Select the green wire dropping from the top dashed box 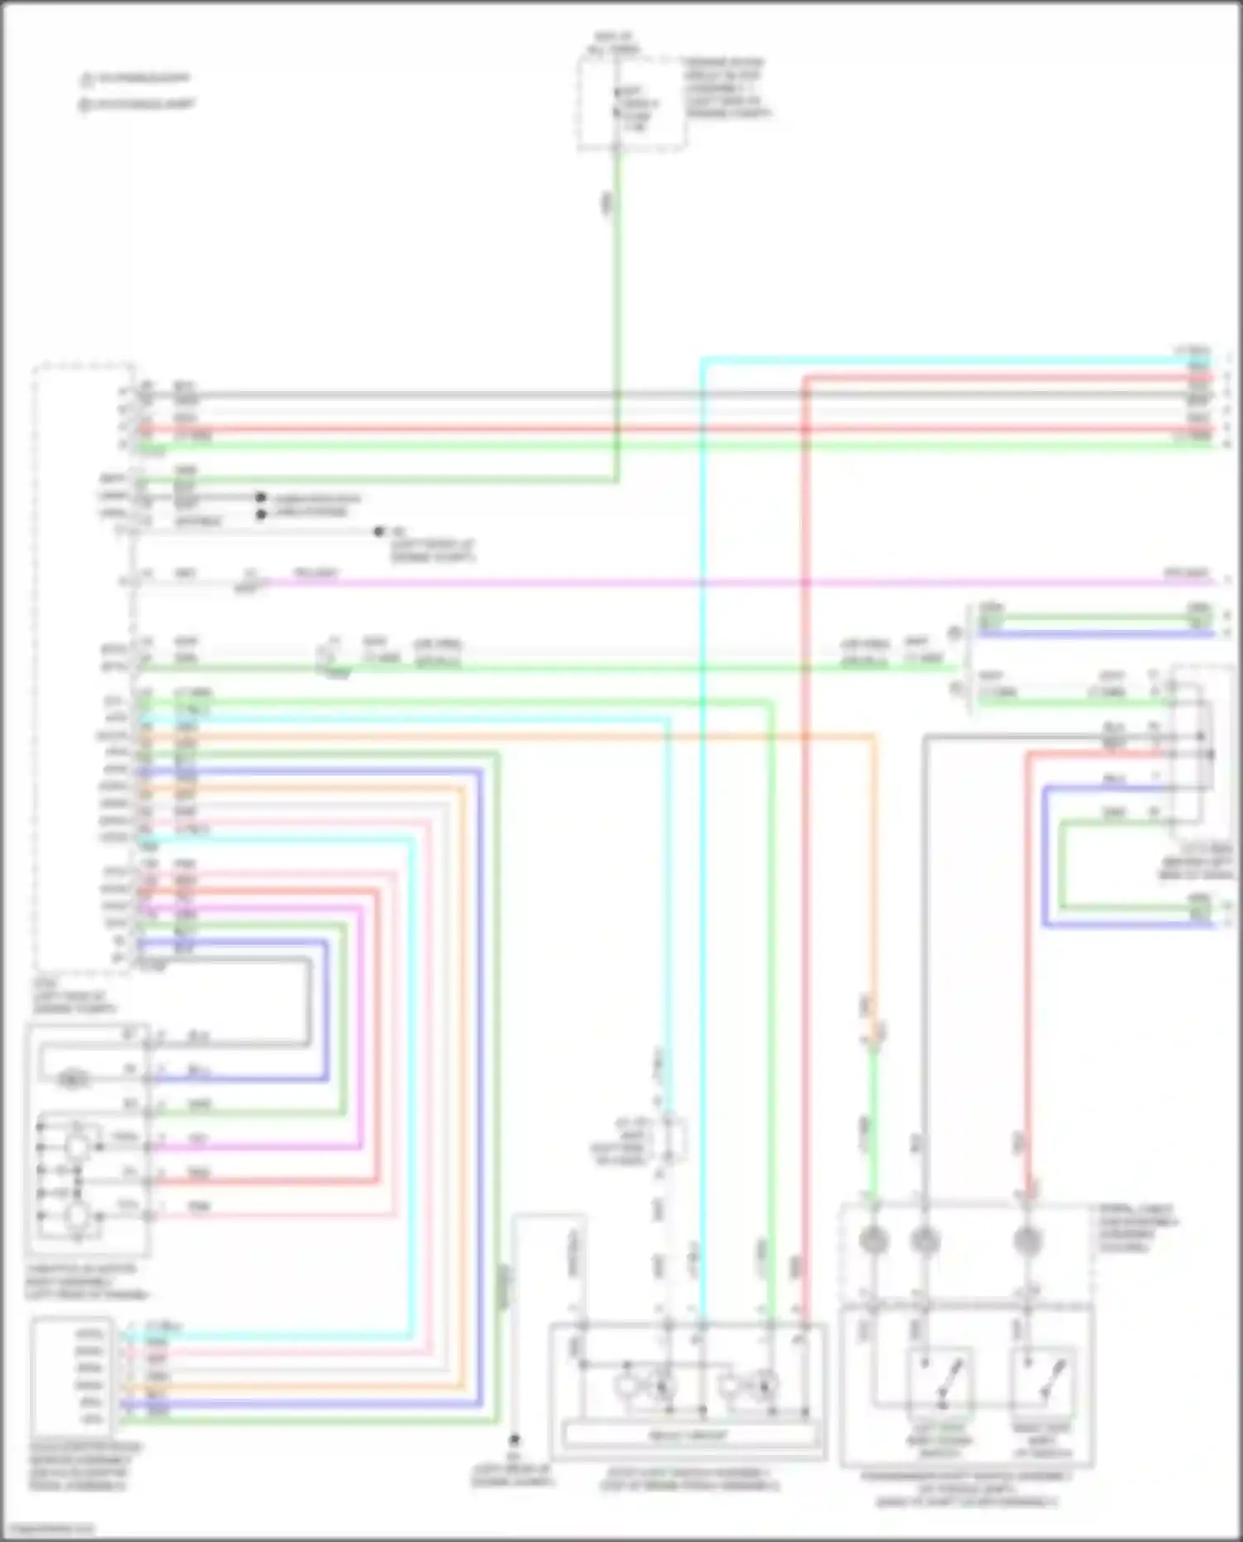617,315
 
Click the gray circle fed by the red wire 1027,1240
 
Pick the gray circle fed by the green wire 873,1240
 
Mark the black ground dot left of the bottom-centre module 515,1440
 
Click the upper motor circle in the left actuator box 77,1147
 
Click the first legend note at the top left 137,80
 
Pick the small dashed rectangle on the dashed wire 674,1140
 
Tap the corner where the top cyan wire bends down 702,360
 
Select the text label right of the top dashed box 725,87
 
